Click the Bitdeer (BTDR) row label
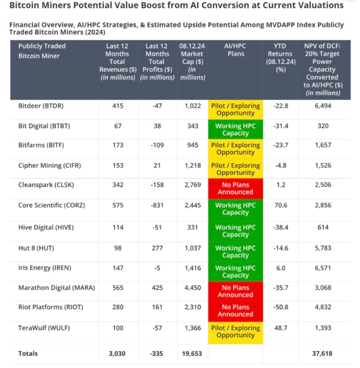[41, 106]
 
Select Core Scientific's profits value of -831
[157, 205]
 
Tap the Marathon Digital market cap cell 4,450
[192, 288]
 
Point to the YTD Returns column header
[280, 58]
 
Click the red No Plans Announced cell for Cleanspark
[235, 188]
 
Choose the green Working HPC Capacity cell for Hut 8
[235, 252]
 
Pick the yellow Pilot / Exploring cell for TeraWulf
[235, 332]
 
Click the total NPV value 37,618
[322, 354]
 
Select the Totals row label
[28, 354]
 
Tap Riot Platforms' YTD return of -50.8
[281, 307]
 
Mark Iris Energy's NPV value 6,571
[323, 268]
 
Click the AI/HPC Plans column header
[235, 50]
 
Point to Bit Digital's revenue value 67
[118, 126]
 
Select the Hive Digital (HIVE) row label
[46, 228]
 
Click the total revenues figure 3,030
[117, 354]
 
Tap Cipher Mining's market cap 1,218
[192, 166]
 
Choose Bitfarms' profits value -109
[157, 145]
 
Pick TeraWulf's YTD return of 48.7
[281, 328]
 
